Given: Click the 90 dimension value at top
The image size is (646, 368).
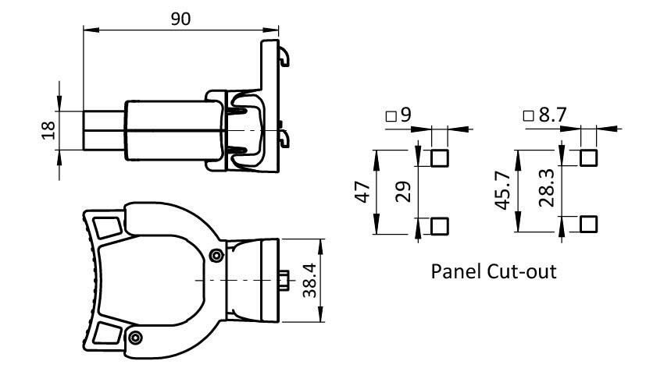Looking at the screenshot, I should point(180,19).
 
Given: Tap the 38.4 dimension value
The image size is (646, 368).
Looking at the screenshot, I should point(310,281).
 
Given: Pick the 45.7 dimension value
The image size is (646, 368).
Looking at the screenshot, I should point(505,192).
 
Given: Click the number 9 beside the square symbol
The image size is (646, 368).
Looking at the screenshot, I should point(405,115).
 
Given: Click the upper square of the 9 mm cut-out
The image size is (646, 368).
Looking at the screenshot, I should point(440,158).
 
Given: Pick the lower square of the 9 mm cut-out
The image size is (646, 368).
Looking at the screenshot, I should point(440,226).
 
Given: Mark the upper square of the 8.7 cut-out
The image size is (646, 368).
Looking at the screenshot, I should point(589,158).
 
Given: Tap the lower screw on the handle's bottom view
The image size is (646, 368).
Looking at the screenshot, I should point(137,337).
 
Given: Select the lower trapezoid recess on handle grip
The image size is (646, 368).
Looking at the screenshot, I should point(107,334).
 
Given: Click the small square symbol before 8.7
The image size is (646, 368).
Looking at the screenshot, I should point(529,116).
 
